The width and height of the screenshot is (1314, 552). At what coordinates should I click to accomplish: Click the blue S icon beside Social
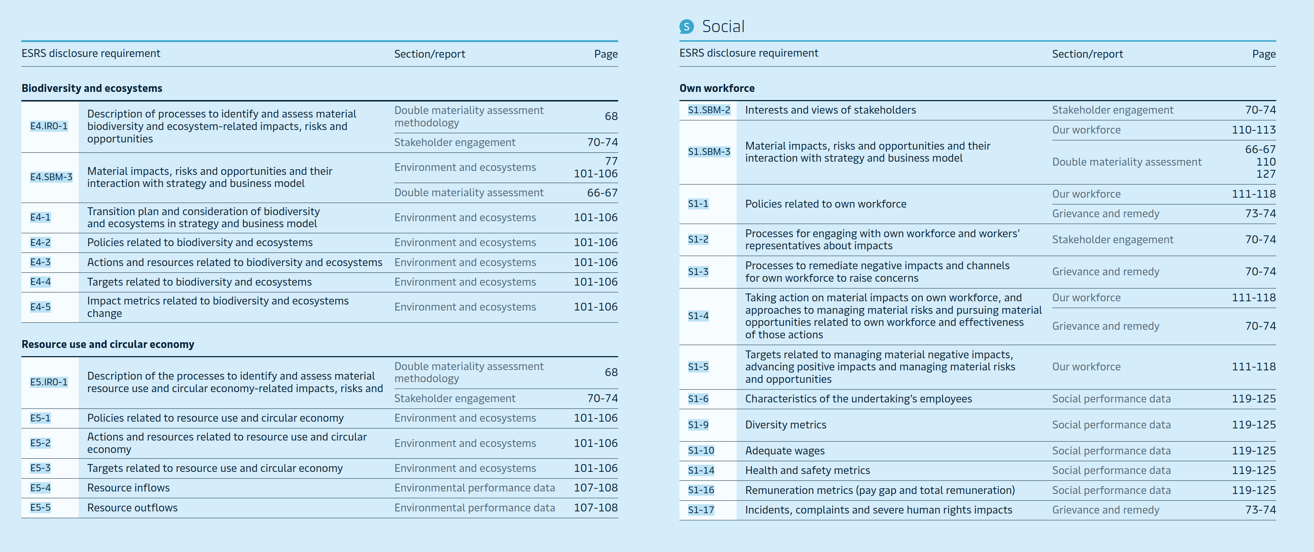click(687, 26)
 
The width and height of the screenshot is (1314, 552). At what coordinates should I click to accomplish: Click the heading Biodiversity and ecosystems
click(92, 88)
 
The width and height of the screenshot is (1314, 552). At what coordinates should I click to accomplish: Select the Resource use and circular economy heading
click(108, 344)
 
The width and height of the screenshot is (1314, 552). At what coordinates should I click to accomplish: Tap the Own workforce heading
click(717, 88)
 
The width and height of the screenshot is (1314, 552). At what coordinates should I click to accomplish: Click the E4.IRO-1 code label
click(49, 126)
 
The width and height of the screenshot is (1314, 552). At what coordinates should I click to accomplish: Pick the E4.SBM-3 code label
click(51, 177)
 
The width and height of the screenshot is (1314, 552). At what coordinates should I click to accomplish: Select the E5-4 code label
click(40, 488)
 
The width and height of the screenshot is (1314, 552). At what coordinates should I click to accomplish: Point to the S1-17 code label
click(701, 510)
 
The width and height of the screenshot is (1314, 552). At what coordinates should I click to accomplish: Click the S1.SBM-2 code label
click(709, 110)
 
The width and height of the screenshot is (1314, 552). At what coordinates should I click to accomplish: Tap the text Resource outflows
click(132, 507)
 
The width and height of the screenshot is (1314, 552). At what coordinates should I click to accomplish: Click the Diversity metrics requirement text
click(786, 425)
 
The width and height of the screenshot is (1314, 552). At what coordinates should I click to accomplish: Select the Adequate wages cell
click(785, 451)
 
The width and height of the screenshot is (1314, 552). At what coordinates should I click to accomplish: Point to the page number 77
click(611, 161)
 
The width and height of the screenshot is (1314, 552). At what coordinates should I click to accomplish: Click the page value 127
click(1266, 174)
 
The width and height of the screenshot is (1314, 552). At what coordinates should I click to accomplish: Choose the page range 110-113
click(1253, 130)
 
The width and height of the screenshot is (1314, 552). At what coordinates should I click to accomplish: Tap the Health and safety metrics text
click(807, 470)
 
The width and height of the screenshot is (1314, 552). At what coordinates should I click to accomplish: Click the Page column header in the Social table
click(1263, 54)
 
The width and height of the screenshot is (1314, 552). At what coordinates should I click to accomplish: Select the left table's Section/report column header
click(430, 54)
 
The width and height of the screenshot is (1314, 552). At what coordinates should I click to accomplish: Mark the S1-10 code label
click(701, 451)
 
